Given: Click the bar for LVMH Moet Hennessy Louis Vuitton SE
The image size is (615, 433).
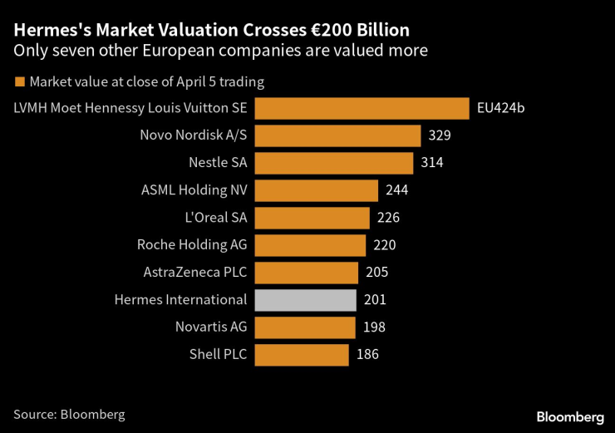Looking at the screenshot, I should click(x=362, y=109).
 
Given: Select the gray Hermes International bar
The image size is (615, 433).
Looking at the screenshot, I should click(x=305, y=300).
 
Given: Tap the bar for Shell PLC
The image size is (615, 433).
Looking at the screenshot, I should click(x=302, y=355).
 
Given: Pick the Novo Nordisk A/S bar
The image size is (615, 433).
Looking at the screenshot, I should click(x=337, y=136).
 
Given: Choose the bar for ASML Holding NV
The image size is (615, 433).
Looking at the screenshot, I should click(x=317, y=190).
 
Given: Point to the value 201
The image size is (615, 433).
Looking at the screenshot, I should click(x=375, y=300).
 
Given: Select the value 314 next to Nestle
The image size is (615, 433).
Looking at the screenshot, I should click(x=431, y=163).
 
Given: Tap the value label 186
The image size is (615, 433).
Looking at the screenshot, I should click(x=367, y=355).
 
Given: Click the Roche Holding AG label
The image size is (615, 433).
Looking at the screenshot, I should click(x=192, y=245).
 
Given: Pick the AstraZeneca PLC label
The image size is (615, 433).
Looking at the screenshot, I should click(x=195, y=273).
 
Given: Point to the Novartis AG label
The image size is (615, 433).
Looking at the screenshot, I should click(x=211, y=327).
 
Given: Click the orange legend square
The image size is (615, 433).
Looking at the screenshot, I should click(x=19, y=82).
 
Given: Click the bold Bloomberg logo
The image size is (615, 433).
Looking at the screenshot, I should click(x=569, y=416).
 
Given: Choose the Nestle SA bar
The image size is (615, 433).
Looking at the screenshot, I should click(x=333, y=163).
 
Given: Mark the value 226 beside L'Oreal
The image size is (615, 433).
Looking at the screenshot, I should click(x=388, y=218).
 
